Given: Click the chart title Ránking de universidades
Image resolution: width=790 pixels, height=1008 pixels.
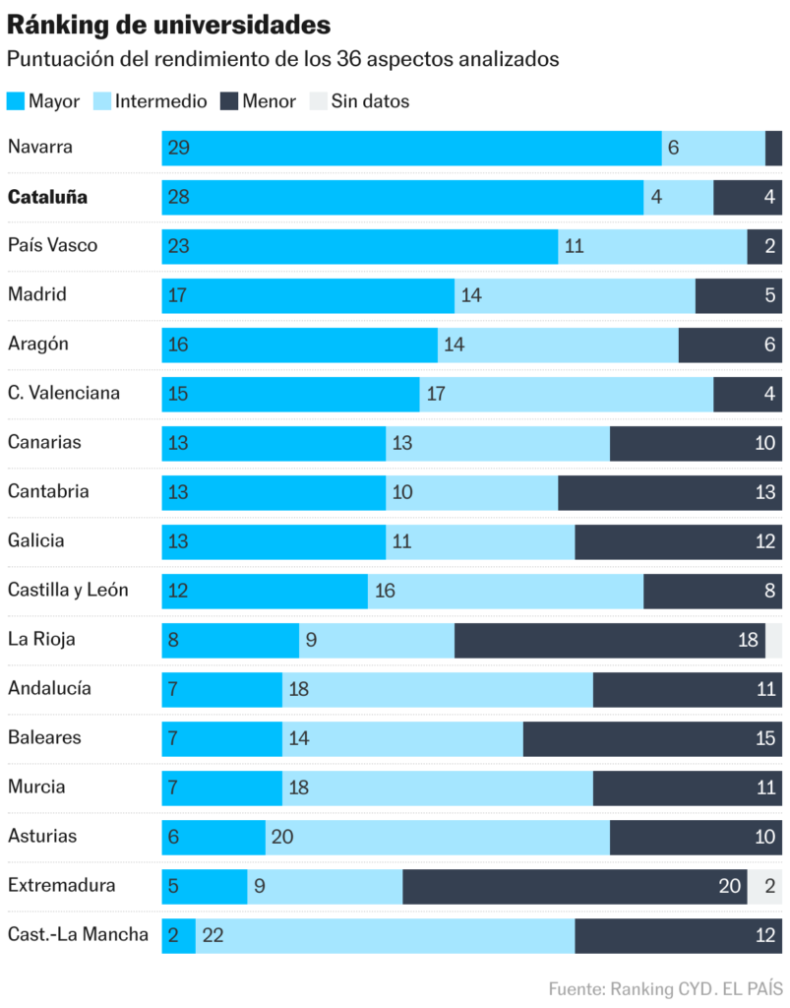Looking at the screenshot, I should coord(168,25).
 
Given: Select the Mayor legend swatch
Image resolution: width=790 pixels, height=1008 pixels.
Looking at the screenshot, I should coord(16,101).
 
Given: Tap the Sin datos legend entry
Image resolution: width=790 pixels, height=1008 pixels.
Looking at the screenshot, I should coord(360,101).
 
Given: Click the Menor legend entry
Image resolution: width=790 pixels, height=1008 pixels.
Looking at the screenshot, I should coord(258,101).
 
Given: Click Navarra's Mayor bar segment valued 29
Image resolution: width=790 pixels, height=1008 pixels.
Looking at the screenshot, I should coord(411,148).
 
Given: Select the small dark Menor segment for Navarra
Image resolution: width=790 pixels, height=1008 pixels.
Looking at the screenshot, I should coord(773,148).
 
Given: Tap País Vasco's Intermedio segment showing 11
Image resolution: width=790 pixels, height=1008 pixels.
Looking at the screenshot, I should coord(652,246).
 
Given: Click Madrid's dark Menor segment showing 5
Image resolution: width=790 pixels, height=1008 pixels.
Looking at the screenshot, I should coord(738,294).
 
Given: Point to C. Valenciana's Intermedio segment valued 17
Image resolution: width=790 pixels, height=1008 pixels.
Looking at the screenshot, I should coord(566,393).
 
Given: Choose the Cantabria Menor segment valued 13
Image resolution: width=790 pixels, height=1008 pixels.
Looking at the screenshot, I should coord(669,491).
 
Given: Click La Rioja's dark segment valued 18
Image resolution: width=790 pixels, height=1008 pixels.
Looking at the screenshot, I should coord(609,639).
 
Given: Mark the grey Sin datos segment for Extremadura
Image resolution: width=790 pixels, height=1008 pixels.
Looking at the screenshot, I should coord(764,885).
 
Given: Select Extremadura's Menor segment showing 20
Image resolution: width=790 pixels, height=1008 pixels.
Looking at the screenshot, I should coord(575,885).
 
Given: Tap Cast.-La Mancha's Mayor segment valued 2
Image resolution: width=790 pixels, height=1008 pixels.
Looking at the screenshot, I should coord(179,934).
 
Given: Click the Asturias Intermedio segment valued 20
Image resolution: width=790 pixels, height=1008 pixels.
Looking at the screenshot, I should coord(437,836).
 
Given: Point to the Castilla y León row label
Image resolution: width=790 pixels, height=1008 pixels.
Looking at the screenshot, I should coord(68,591).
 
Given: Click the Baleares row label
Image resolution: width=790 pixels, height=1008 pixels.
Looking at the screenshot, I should coord(44,737).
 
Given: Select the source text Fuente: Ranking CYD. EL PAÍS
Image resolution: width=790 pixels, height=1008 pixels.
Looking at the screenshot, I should coord(664,988).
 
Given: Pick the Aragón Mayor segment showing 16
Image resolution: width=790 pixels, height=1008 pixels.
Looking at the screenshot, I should coord(299,344).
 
